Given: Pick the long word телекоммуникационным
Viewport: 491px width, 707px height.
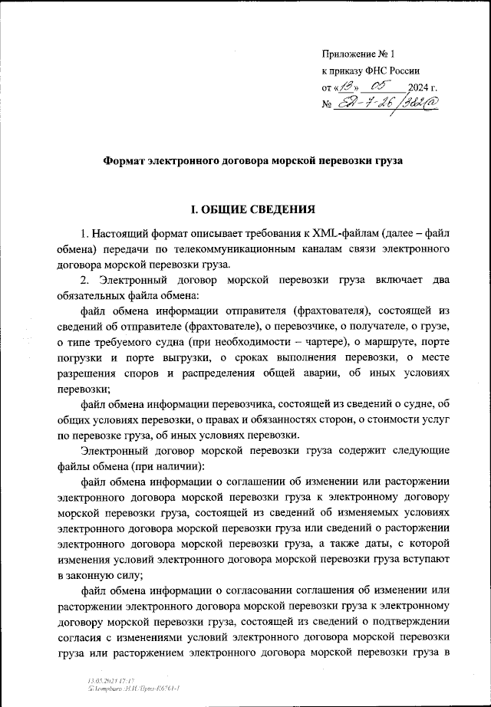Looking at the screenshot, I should tap(245, 249).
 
